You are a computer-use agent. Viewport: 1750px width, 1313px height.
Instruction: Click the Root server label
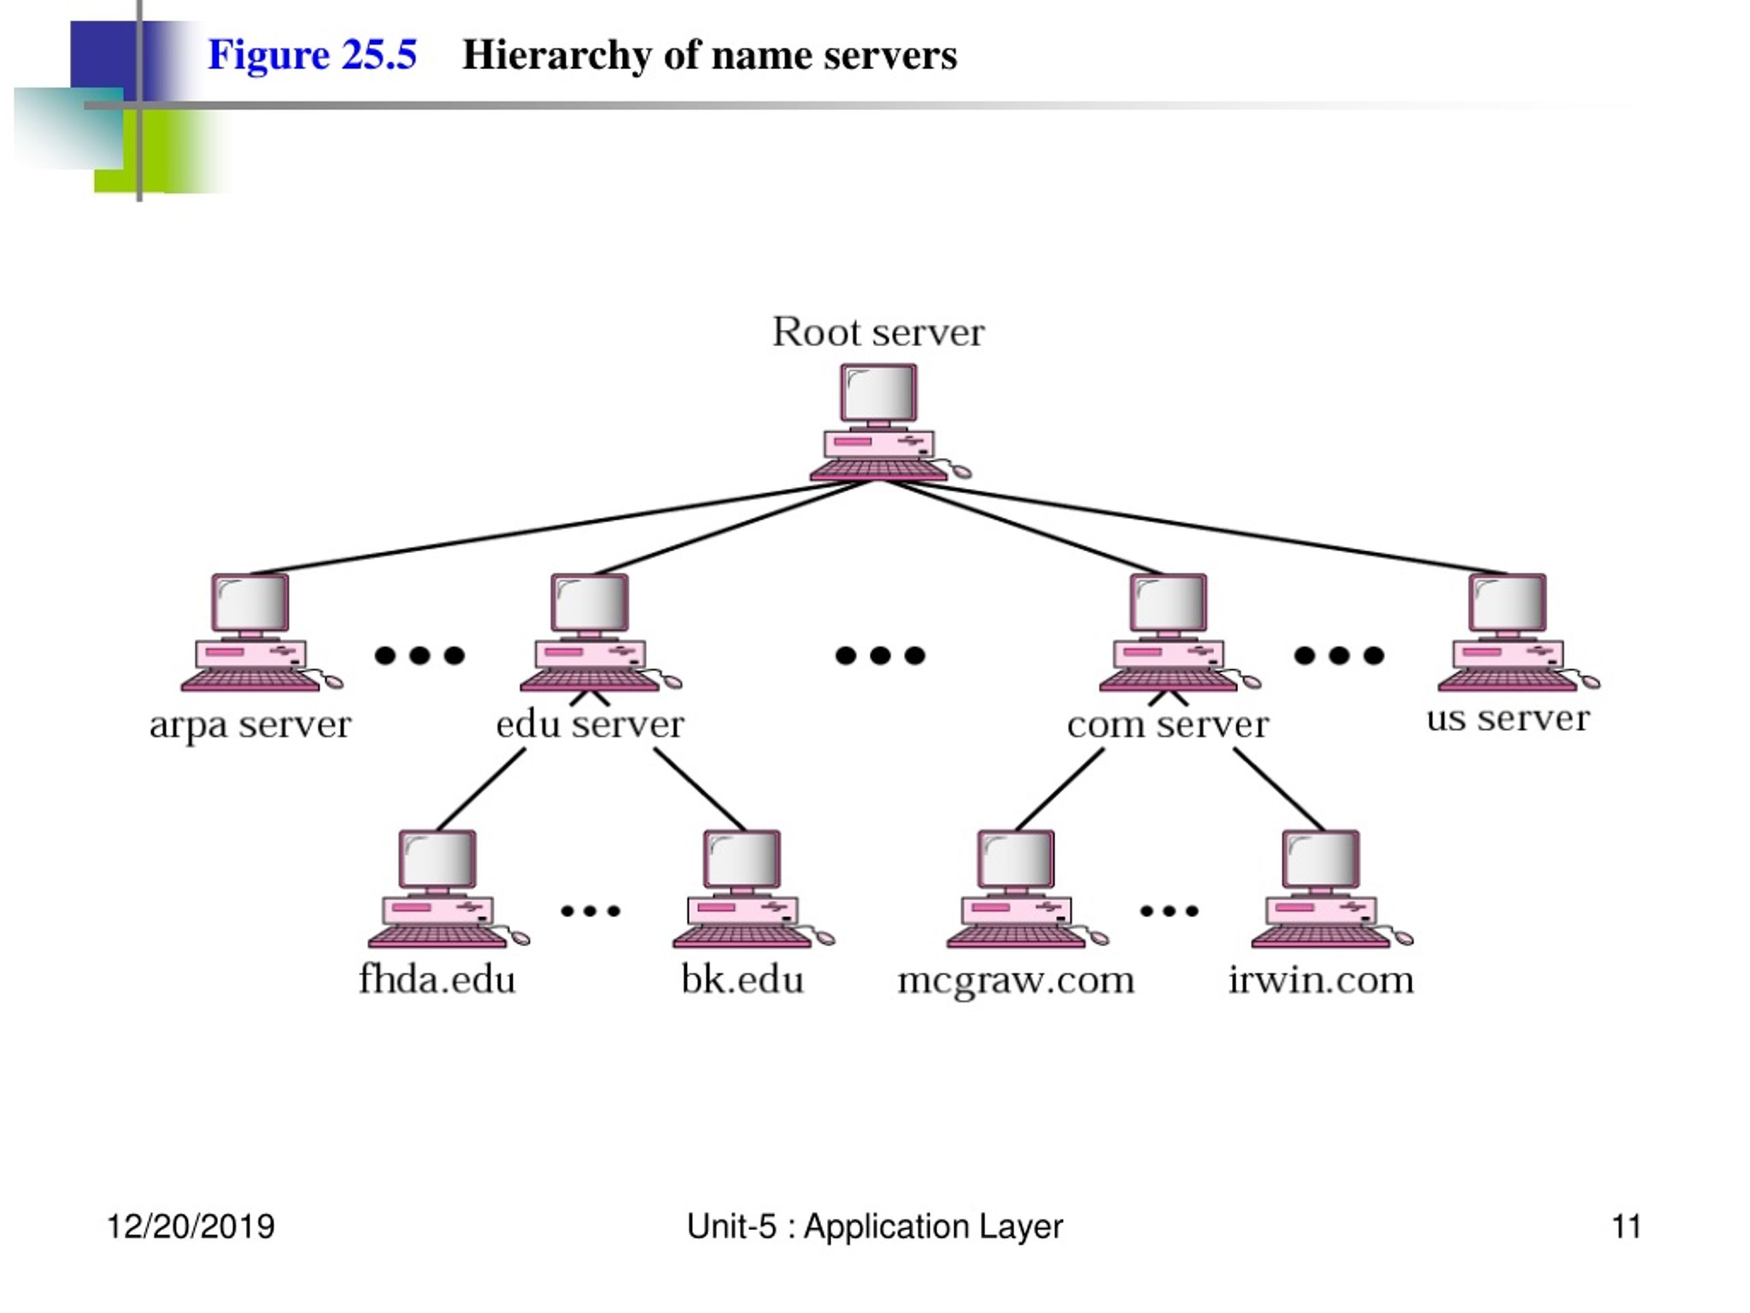878,332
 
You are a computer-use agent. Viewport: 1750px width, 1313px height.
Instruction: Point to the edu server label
589,724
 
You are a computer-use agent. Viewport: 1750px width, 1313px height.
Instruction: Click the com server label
1168,724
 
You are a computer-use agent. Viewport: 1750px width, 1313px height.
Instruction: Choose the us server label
1508,719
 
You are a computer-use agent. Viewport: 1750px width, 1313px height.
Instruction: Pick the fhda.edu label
437,980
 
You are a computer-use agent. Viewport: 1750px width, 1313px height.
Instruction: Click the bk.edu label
742,980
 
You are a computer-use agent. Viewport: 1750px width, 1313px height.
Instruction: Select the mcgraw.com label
1016,981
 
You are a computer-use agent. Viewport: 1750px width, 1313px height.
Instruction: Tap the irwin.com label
1321,980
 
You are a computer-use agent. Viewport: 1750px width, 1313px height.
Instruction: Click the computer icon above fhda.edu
448,889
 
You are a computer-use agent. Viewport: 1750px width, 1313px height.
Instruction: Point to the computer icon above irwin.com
1332,889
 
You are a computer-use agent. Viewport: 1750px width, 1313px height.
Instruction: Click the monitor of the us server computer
1507,603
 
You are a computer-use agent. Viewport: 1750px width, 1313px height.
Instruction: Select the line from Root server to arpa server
559,527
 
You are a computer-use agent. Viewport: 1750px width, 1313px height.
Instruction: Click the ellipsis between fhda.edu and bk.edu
590,911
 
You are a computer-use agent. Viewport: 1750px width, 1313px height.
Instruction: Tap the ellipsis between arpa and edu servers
419,655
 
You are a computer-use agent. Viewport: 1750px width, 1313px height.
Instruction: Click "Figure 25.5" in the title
312,55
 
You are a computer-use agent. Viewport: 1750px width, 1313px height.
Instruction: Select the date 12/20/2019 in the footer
191,1227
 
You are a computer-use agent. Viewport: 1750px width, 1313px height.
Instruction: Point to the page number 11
1626,1227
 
